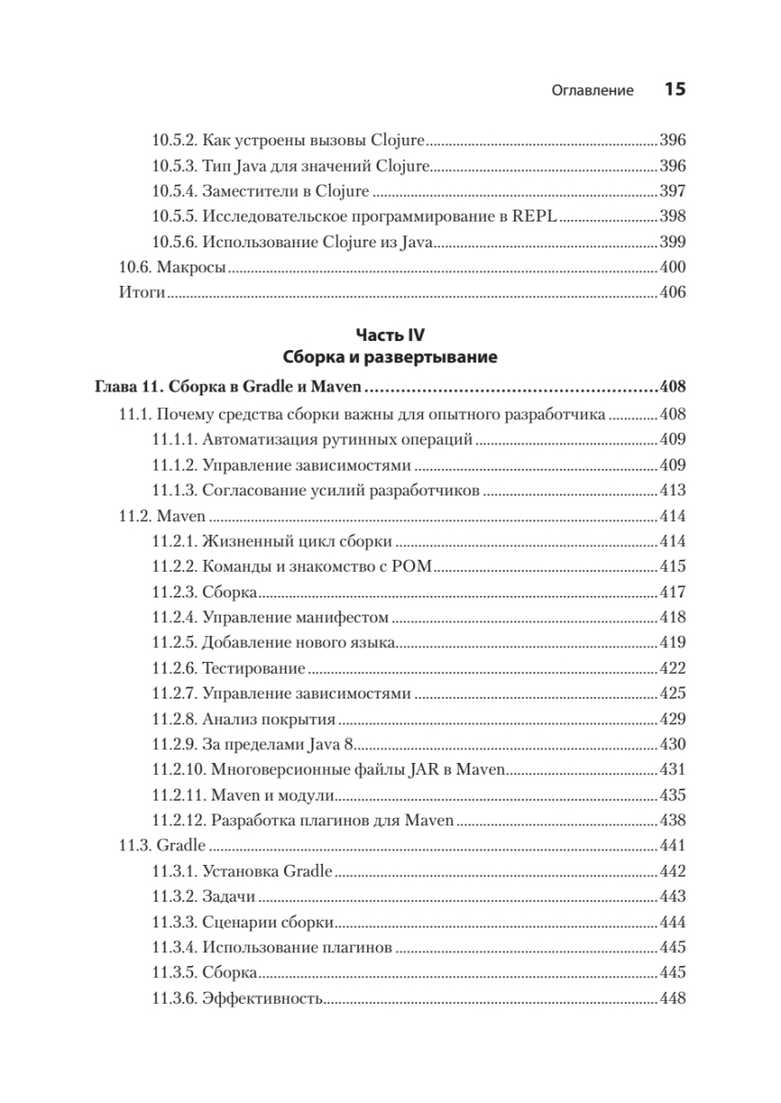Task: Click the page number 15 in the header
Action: click(x=674, y=90)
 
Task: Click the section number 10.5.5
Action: click(x=174, y=217)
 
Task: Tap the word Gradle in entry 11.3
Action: click(x=180, y=844)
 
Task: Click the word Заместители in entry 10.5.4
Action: click(x=247, y=191)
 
